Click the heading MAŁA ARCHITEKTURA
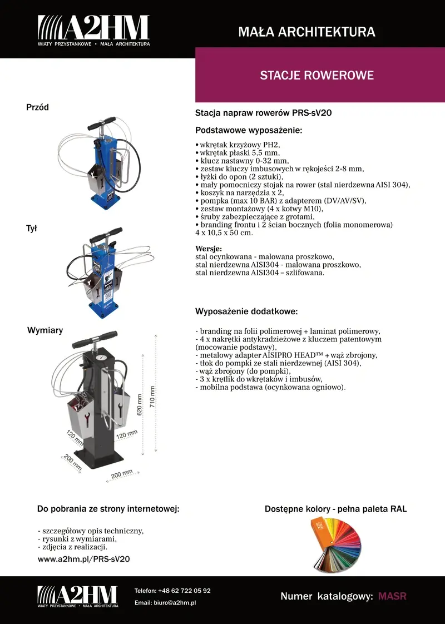pyautogui.click(x=306, y=32)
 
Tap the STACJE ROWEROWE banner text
pyautogui.click(x=317, y=76)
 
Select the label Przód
pyautogui.click(x=38, y=107)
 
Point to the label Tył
pyautogui.click(x=32, y=228)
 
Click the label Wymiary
pyautogui.click(x=45, y=330)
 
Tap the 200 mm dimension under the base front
pyautogui.click(x=122, y=474)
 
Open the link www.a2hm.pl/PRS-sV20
pyautogui.click(x=83, y=559)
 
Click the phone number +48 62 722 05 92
pyautogui.click(x=172, y=591)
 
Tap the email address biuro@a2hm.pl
pyautogui.click(x=165, y=603)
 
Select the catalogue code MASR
pyautogui.click(x=392, y=597)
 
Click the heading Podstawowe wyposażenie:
pyautogui.click(x=249, y=130)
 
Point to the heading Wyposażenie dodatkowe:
pyautogui.click(x=246, y=311)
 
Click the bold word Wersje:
pyautogui.click(x=209, y=249)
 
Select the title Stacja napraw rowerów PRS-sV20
pyautogui.click(x=263, y=113)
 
